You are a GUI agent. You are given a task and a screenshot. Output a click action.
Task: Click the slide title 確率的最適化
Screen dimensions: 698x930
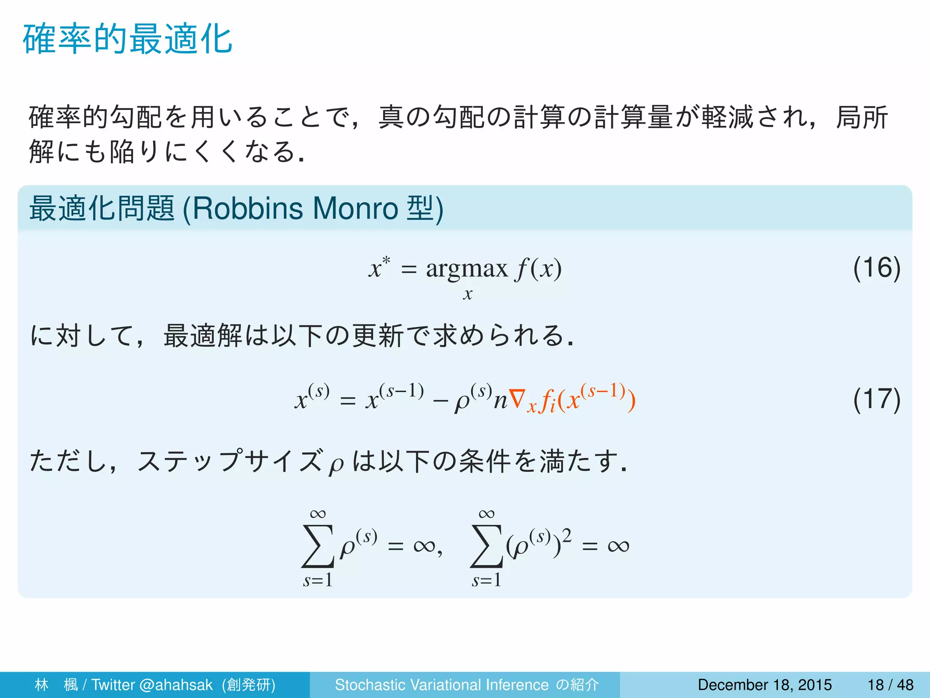(x=128, y=40)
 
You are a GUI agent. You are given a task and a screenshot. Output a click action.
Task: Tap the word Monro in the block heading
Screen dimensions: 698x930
(x=355, y=209)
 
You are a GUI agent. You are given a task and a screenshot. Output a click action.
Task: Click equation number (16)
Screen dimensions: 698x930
(x=876, y=268)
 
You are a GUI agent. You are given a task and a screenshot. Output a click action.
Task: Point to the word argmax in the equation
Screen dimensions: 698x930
(x=466, y=269)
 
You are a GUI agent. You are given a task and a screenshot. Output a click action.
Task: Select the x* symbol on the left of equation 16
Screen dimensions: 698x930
(x=379, y=267)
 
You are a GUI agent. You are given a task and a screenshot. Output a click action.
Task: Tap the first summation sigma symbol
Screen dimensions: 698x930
(x=317, y=546)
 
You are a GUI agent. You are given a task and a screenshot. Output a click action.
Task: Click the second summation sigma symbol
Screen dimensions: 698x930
(x=486, y=546)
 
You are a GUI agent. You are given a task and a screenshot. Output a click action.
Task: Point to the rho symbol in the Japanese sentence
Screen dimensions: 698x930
(x=336, y=465)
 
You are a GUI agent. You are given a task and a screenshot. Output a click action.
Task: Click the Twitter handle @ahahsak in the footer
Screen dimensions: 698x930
(x=176, y=685)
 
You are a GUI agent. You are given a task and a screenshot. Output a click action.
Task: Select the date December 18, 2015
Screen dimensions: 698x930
(x=765, y=685)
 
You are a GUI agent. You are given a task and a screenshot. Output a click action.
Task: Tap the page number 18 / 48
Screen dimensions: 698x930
(x=890, y=685)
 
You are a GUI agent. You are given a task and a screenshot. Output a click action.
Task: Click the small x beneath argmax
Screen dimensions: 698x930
(x=467, y=294)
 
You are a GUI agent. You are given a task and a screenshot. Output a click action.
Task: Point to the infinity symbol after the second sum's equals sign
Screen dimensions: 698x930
(x=618, y=546)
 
